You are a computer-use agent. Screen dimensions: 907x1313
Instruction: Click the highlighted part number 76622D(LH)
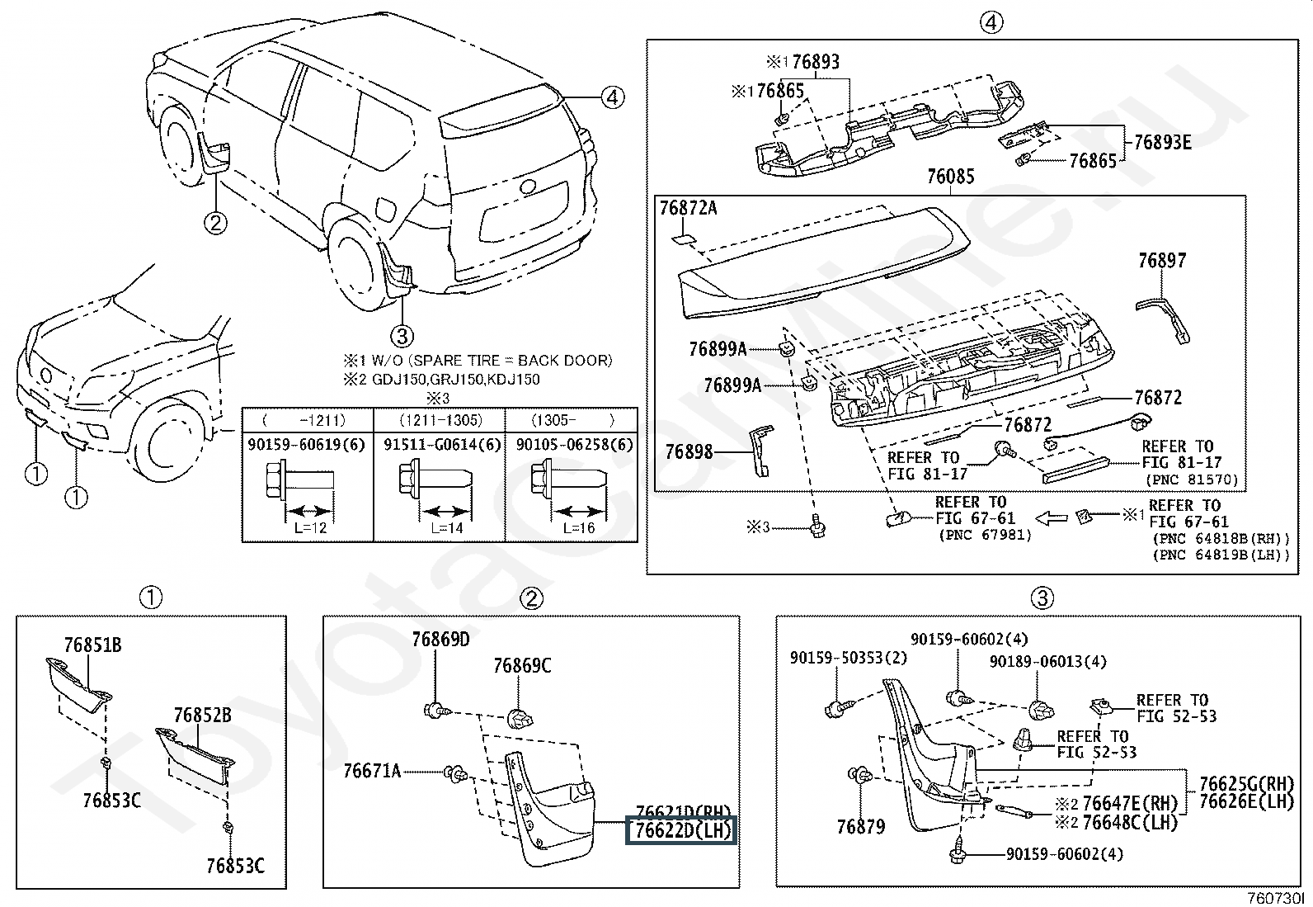pyautogui.click(x=681, y=830)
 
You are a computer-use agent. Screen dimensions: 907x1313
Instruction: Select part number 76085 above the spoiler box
pyautogui.click(x=950, y=177)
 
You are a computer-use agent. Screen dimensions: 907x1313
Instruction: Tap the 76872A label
pyautogui.click(x=688, y=209)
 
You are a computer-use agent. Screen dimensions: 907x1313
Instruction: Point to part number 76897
pyautogui.click(x=1161, y=261)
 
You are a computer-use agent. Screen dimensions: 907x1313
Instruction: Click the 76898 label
pyautogui.click(x=689, y=452)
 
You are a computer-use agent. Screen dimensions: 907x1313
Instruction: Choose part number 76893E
pyautogui.click(x=1162, y=141)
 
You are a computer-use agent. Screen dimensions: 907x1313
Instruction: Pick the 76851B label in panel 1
pyautogui.click(x=92, y=645)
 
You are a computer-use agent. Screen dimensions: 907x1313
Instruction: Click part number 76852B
pyautogui.click(x=202, y=715)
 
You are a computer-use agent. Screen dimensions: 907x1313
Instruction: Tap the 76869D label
pyautogui.click(x=440, y=639)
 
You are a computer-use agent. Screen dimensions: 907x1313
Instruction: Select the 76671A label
pyautogui.click(x=372, y=772)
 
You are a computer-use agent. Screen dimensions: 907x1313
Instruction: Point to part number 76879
pyautogui.click(x=860, y=826)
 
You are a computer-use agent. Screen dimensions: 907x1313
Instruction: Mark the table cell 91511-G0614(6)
pyautogui.click(x=441, y=444)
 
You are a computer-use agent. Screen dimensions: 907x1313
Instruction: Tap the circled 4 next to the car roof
pyautogui.click(x=611, y=97)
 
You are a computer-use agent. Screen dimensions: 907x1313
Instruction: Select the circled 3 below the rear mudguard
pyautogui.click(x=402, y=336)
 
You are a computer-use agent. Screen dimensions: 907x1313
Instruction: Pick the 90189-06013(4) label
pyautogui.click(x=1047, y=662)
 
